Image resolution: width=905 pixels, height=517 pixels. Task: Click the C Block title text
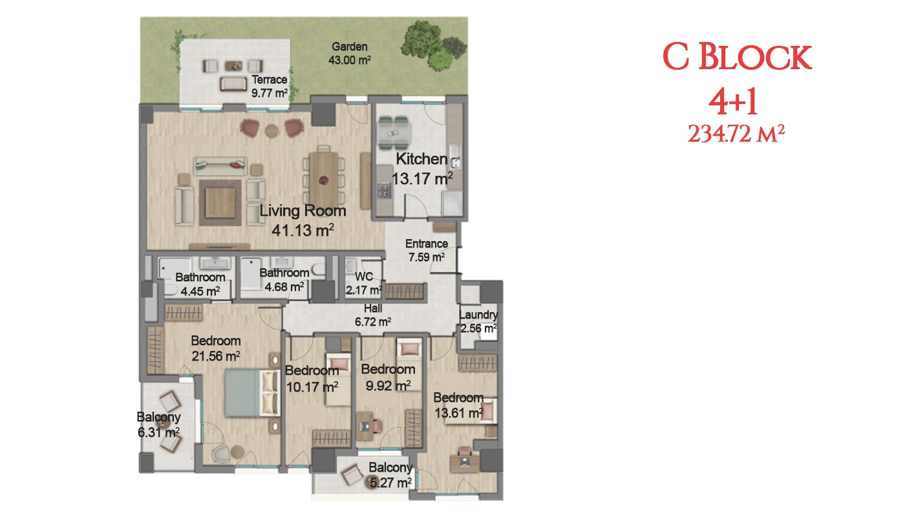pos(737,57)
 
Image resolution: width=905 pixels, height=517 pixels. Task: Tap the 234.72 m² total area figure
pos(736,134)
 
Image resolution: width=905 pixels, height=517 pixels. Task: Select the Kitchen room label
pos(421,159)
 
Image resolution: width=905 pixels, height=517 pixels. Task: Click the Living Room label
pos(303,211)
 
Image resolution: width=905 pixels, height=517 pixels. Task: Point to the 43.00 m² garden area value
pos(350,60)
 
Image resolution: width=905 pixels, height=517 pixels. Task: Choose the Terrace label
pos(270,79)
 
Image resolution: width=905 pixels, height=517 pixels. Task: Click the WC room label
pos(363,277)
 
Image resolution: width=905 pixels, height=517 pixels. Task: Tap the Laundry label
pos(478,315)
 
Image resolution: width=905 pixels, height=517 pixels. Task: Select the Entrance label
pos(427,244)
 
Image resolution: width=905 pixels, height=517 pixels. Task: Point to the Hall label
pos(373,309)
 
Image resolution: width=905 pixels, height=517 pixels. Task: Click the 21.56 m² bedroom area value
pos(216,356)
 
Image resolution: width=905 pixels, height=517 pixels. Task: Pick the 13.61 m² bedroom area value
pos(459,413)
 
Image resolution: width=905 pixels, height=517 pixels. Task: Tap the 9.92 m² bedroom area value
pos(388,386)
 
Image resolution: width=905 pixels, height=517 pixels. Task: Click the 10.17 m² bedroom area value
pos(312,387)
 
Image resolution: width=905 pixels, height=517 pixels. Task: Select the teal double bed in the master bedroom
pos(252,393)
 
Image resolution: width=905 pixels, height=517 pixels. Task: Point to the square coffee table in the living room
pos(220,203)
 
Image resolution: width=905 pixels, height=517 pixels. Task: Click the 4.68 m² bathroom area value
pos(284,287)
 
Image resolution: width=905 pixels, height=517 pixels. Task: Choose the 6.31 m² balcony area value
pos(159,432)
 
